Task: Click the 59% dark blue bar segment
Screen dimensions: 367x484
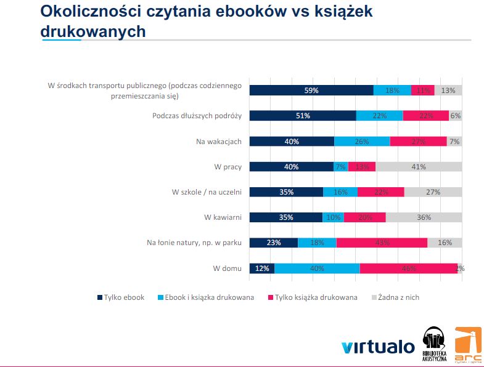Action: pos(311,91)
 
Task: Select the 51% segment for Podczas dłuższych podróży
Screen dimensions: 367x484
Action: pos(303,116)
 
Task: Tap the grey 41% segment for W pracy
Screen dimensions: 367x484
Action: pos(419,166)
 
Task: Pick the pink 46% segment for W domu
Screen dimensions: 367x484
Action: pos(408,268)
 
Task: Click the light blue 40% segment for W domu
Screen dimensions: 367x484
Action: pos(317,268)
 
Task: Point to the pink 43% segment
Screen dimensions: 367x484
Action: pos(382,243)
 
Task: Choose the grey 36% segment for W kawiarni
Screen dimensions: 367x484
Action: pos(424,217)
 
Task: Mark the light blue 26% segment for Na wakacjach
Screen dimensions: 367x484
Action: pos(362,142)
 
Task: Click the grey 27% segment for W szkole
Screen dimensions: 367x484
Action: pos(433,192)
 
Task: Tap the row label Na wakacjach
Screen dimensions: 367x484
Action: pos(219,142)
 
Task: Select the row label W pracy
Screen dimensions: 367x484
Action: pos(228,167)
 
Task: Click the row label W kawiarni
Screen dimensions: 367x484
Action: pos(223,217)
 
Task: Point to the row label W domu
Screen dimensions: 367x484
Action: pos(227,268)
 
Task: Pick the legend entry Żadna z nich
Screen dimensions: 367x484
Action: pos(398,297)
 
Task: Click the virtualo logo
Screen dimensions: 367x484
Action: pos(378,347)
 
